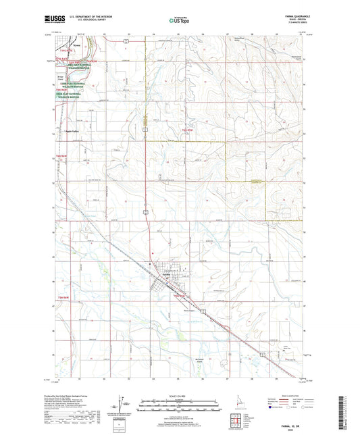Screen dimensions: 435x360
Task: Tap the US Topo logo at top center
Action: click(178, 20)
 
